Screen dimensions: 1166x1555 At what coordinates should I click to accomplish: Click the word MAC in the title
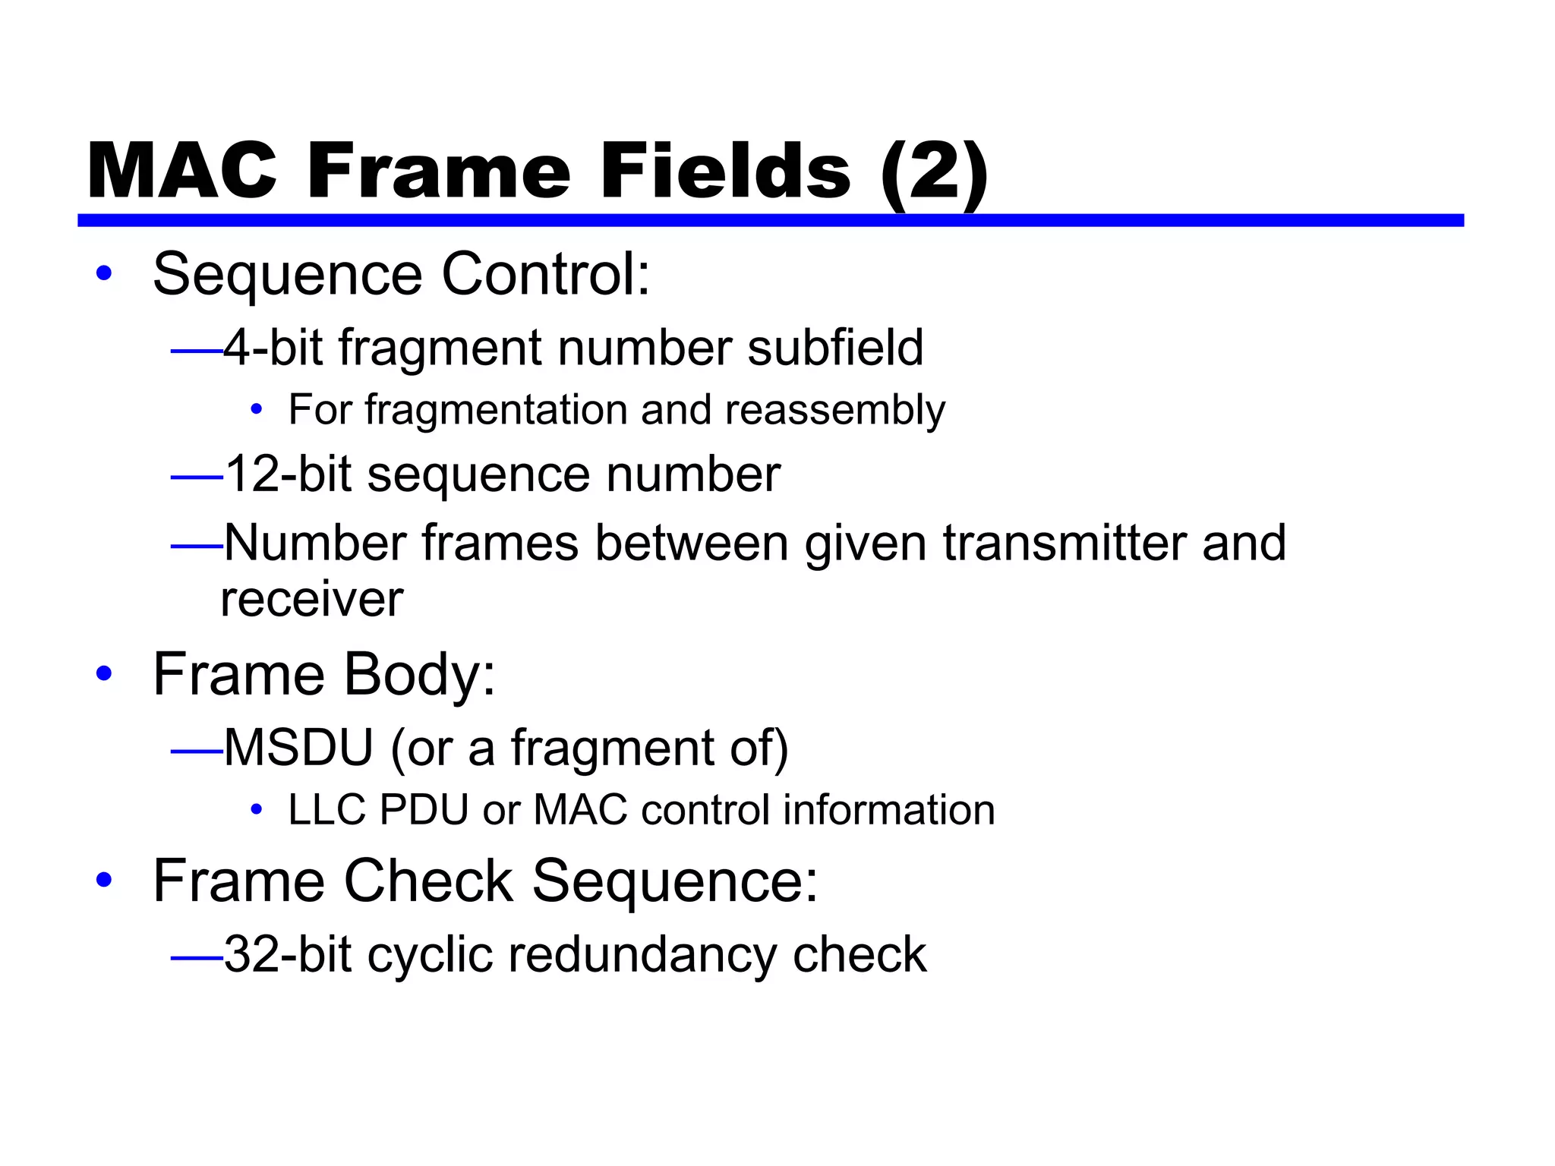(182, 172)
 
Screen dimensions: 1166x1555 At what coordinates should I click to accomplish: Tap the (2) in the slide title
(935, 173)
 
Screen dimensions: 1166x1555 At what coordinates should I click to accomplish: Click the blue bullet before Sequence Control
(104, 274)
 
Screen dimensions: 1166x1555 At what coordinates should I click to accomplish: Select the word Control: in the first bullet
(546, 274)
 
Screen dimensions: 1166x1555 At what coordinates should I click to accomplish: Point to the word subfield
(835, 348)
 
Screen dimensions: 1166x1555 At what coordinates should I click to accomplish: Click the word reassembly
(835, 411)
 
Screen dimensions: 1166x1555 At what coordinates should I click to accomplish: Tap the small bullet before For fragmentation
(257, 410)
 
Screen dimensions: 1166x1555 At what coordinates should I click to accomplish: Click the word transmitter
(1064, 543)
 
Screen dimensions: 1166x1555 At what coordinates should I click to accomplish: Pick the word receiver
(312, 600)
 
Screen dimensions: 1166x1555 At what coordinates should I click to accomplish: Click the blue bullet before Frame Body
(104, 673)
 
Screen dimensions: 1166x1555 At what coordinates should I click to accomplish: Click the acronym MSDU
(298, 748)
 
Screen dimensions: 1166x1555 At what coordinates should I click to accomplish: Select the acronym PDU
(424, 810)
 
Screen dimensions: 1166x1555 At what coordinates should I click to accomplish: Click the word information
(888, 810)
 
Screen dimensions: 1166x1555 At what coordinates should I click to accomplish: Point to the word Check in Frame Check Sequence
(428, 881)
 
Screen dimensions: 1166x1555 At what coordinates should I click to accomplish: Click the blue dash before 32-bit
(197, 958)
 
